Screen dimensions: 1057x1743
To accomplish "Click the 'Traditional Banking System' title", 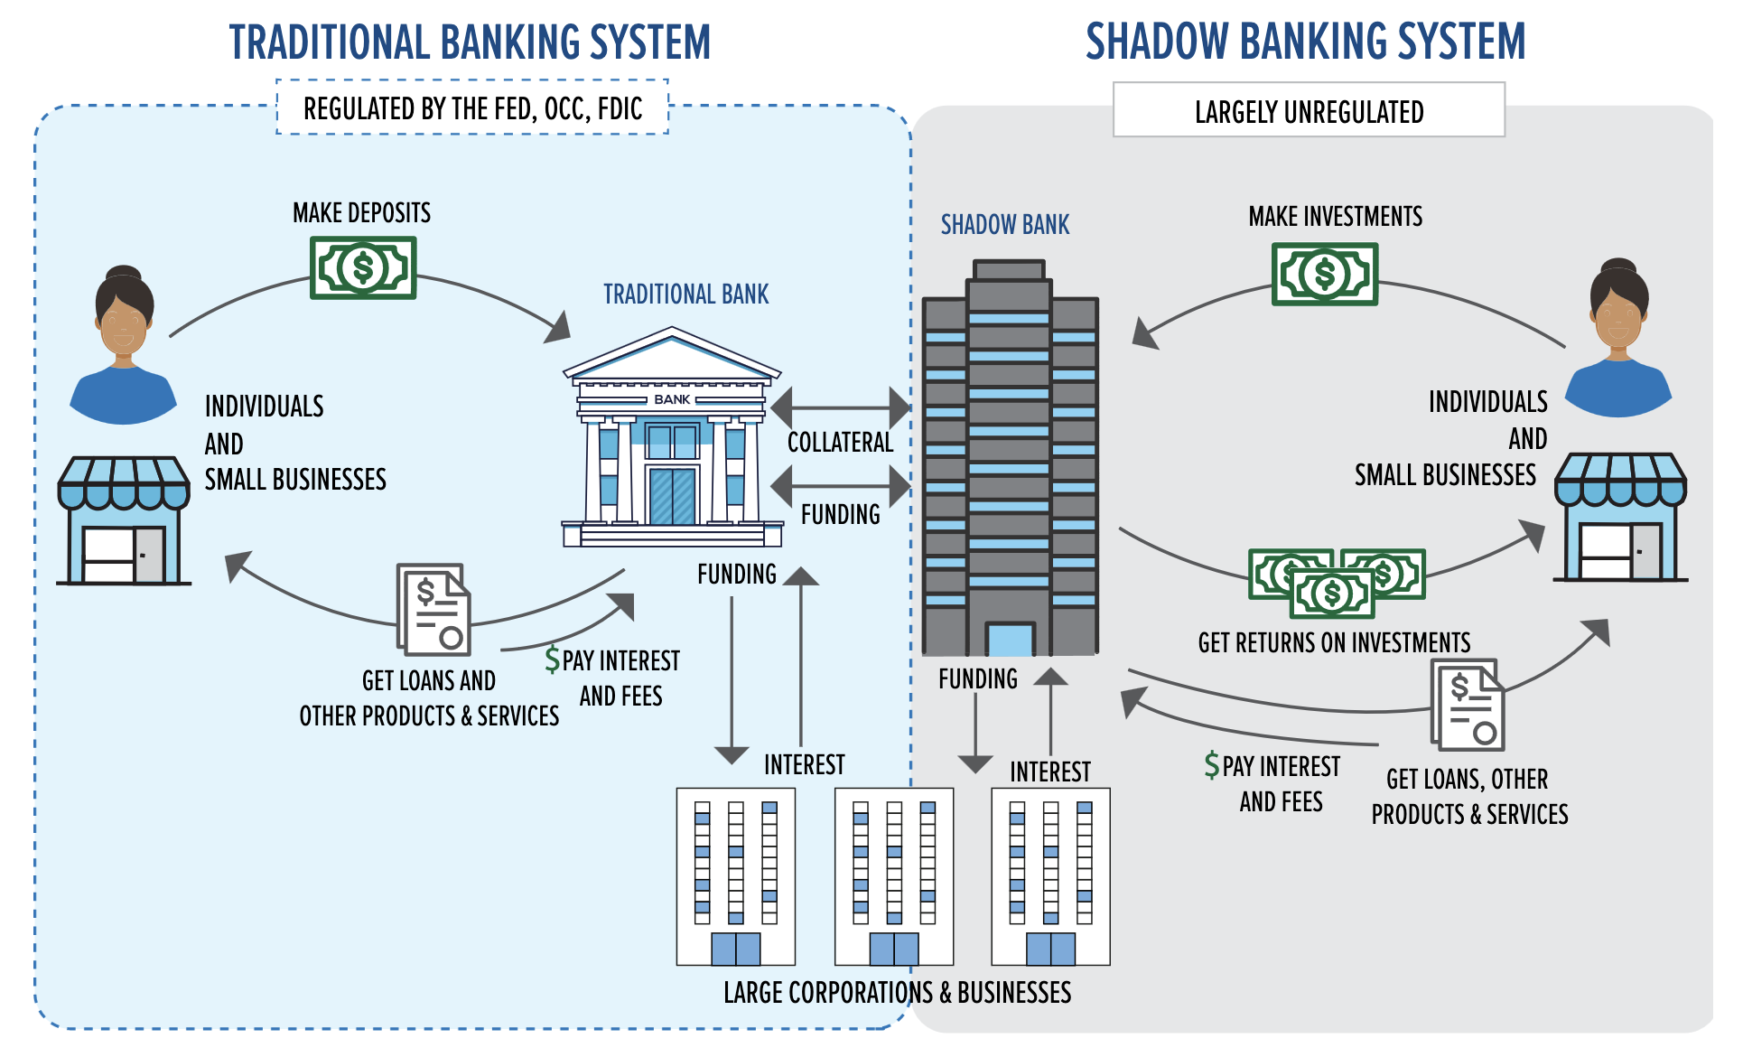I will tap(470, 42).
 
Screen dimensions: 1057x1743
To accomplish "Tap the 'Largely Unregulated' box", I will tap(1308, 110).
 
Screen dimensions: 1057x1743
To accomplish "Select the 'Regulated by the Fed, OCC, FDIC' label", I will tap(472, 108).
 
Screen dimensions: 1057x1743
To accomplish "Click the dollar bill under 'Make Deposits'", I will tap(362, 268).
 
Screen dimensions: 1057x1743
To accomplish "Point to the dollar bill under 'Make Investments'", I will tap(1324, 274).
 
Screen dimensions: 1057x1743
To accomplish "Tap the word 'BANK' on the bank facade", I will tap(672, 399).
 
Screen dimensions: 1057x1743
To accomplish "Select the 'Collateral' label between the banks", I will tap(840, 443).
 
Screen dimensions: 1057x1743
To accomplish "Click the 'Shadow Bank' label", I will tap(1004, 225).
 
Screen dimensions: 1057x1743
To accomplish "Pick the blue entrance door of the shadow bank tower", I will tap(1010, 639).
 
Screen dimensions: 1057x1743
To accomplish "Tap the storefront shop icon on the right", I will tap(1619, 519).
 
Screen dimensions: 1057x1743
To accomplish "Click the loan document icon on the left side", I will tap(434, 610).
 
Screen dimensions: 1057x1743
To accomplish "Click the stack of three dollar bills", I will tap(1336, 582).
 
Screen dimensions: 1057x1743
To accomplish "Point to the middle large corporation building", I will tap(893, 876).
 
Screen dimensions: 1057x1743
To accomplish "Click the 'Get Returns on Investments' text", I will tap(1334, 642).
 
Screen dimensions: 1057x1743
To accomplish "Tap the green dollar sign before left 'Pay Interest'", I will tap(552, 659).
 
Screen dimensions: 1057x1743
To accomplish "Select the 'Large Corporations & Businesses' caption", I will tap(897, 993).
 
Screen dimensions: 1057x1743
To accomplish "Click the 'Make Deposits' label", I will tap(361, 213).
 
